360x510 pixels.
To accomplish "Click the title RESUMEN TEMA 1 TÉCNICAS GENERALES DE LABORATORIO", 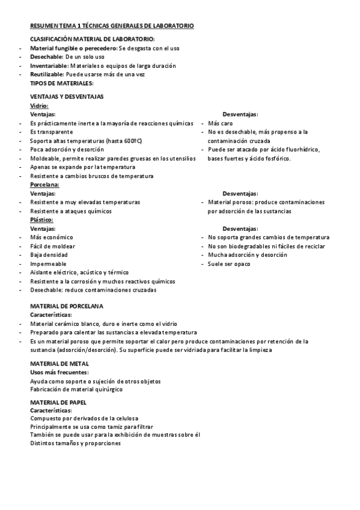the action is tap(112, 26).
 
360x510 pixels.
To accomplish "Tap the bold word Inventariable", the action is tap(49, 66).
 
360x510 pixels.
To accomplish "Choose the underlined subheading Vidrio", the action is tap(39, 105).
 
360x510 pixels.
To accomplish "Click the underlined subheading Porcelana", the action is tap(44, 185).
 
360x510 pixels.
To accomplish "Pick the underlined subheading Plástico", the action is tap(41, 220).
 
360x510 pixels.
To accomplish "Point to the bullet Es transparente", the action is tap(52, 132).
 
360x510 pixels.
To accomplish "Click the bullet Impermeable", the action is tap(49, 264).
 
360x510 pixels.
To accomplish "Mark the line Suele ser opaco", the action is tap(230, 264).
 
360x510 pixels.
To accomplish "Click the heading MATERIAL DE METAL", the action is tap(59, 364).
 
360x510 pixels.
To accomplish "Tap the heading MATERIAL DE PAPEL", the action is tap(58, 401).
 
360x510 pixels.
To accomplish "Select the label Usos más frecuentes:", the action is tap(59, 372).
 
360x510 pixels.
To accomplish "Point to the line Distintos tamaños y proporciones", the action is tap(75, 443).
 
